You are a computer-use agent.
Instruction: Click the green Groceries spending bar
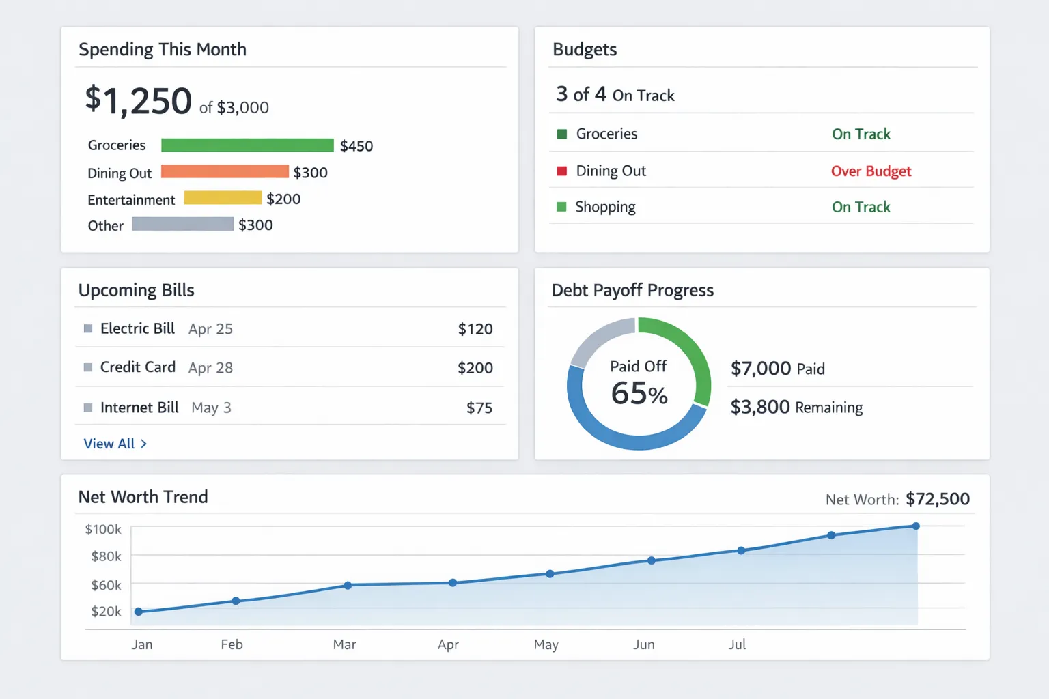pos(247,145)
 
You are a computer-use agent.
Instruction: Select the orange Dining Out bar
pos(225,171)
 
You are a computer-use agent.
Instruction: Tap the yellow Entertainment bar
pos(223,198)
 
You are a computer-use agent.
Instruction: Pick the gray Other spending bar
pos(182,224)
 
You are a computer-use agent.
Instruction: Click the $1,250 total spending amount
pos(139,101)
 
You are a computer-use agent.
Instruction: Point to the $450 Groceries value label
pos(356,146)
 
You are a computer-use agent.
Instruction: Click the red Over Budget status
pos(871,171)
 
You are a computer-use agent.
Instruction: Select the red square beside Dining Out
pos(562,171)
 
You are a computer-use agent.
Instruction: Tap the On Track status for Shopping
pos(861,207)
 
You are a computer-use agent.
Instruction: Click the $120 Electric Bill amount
pos(475,329)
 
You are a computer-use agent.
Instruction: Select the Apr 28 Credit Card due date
pos(210,368)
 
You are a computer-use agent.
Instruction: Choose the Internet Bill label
pos(139,408)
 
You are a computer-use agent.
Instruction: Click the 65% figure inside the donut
pos(639,394)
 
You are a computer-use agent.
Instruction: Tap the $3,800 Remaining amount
pos(760,407)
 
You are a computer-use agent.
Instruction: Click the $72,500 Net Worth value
pos(938,499)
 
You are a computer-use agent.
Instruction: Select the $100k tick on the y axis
pos(103,529)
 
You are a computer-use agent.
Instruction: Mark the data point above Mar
pos(348,585)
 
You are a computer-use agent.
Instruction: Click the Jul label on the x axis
pos(737,644)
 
